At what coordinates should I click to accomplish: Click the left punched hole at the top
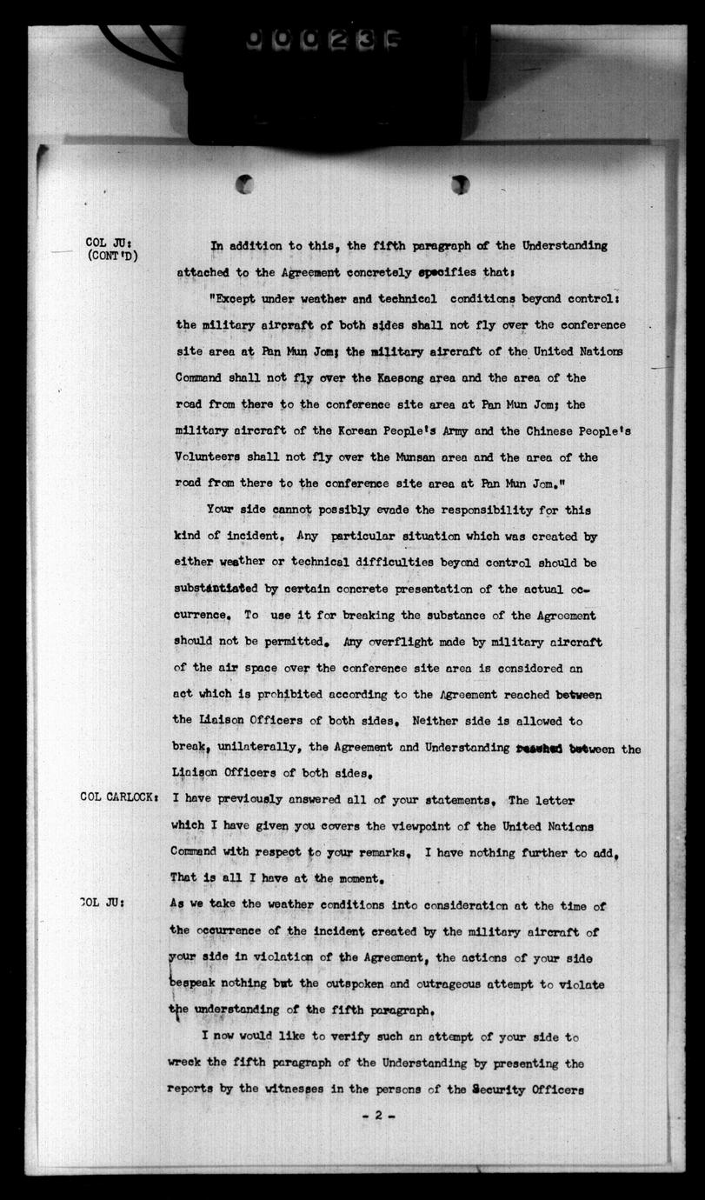(245, 183)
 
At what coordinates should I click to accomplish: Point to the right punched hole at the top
(461, 183)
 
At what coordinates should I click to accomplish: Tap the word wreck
(185, 1063)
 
